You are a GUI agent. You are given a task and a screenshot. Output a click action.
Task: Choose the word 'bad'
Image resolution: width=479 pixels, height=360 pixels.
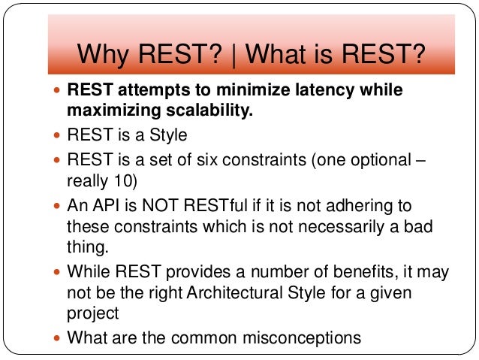pos(417,227)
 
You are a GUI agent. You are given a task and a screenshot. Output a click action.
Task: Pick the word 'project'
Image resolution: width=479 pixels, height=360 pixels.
pos(92,315)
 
